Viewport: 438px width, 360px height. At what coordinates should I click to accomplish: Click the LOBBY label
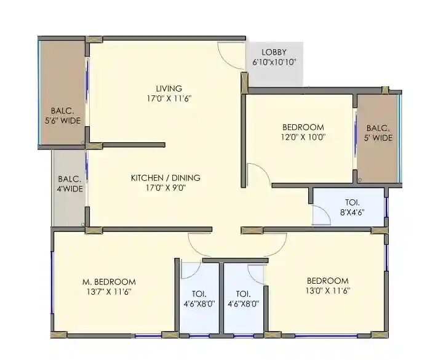[x=273, y=52]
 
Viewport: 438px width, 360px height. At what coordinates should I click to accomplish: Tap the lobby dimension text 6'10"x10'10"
[x=274, y=62]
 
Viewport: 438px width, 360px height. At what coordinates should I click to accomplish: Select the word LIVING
[x=169, y=89]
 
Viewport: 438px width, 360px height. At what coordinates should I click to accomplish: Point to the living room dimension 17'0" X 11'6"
[x=169, y=98]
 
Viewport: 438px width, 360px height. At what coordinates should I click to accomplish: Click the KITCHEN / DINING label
[x=165, y=178]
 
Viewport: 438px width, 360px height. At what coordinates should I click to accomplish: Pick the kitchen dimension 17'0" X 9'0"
[x=165, y=188]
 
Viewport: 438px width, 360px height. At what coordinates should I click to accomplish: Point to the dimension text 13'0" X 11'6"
[x=327, y=290]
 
